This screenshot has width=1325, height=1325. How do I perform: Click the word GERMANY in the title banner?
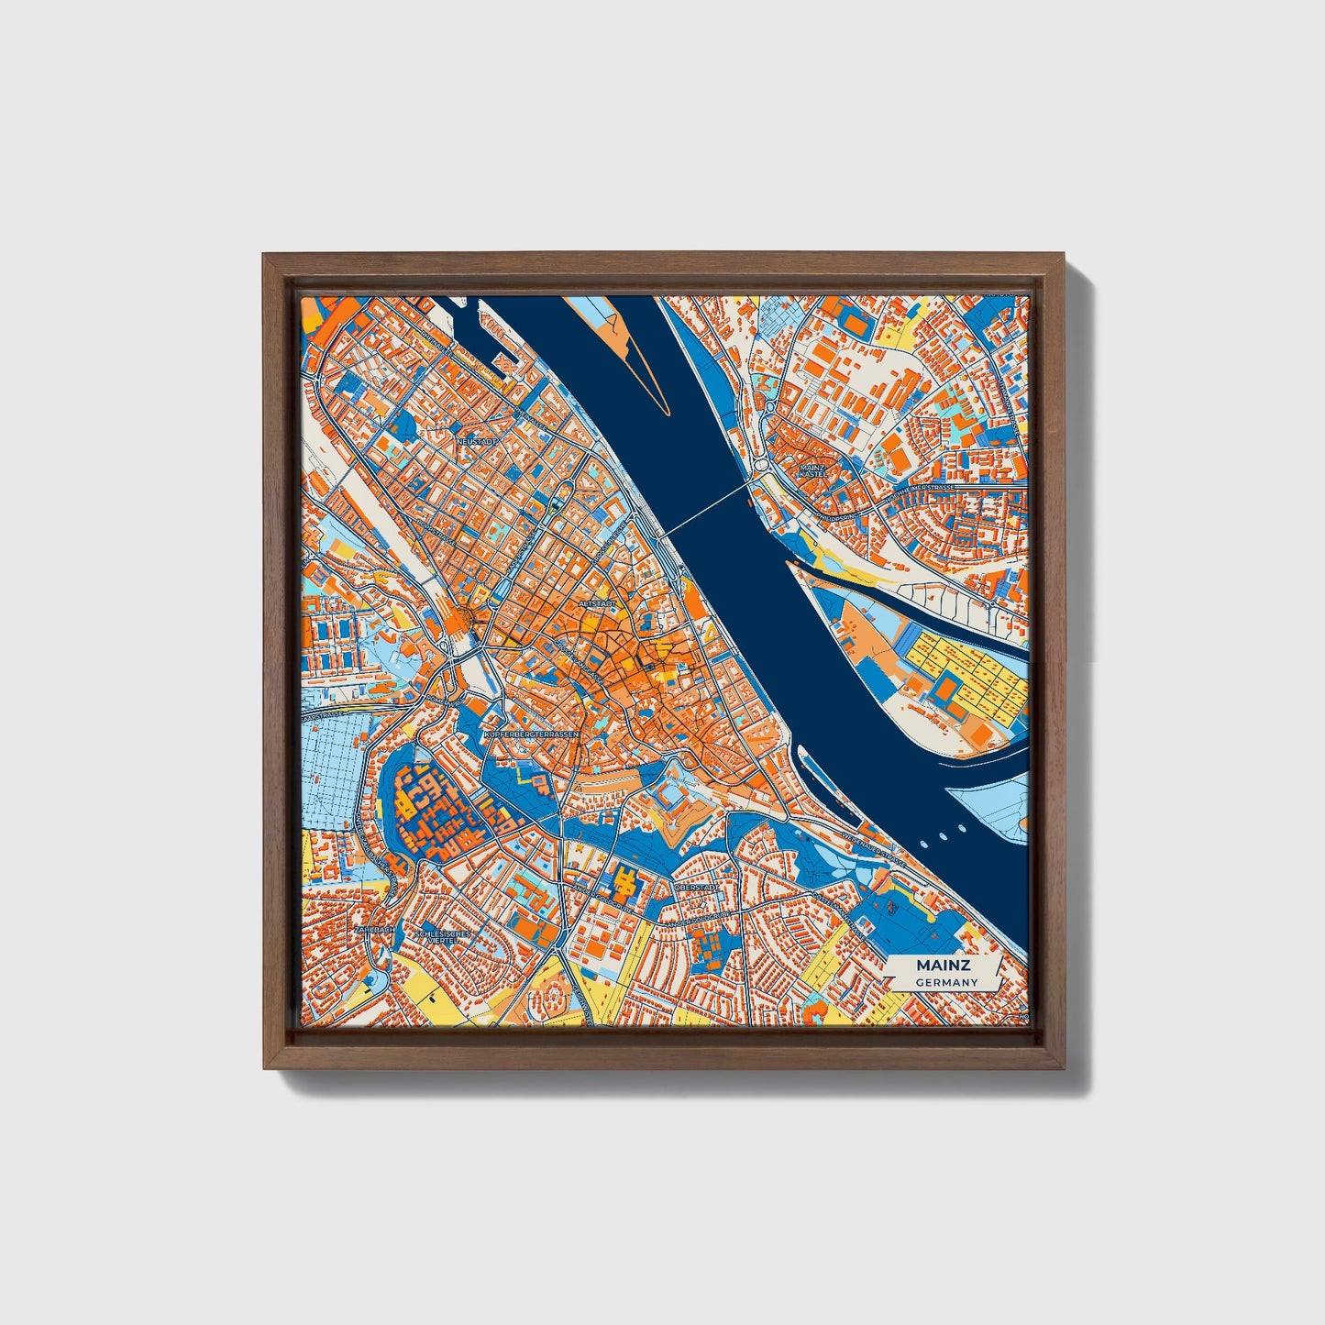[945, 982]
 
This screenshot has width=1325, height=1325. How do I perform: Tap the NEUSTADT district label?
[477, 441]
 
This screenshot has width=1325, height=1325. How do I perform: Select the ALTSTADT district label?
[597, 604]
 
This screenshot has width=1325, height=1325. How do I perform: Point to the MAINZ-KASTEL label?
[812, 471]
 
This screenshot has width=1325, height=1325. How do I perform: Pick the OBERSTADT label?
[692, 888]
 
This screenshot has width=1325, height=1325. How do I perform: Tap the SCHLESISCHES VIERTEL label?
[443, 936]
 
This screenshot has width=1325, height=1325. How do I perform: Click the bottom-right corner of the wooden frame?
[1065, 1068]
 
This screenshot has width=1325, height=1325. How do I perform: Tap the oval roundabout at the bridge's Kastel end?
[764, 465]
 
